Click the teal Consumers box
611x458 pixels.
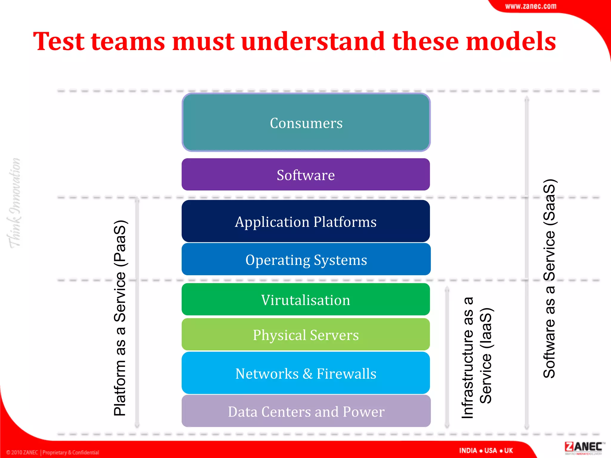pyautogui.click(x=306, y=123)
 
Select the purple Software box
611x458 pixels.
pyautogui.click(x=306, y=175)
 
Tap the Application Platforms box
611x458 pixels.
pyautogui.click(x=306, y=221)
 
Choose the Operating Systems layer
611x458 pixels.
pyautogui.click(x=306, y=259)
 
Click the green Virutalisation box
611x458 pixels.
pyautogui.click(x=306, y=299)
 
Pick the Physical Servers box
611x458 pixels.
pyautogui.click(x=306, y=335)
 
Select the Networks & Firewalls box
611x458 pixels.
pyautogui.click(x=306, y=373)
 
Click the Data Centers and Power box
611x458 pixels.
pyautogui.click(x=306, y=411)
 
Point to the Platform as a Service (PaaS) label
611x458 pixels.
pyautogui.click(x=120, y=318)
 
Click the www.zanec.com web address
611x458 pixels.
pyautogui.click(x=530, y=6)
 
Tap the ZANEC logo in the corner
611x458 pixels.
pyautogui.click(x=583, y=448)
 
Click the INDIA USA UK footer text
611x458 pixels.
pyautogui.click(x=486, y=450)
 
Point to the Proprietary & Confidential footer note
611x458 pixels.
pyautogui.click(x=70, y=452)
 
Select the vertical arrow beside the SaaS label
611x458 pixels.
pyautogui.click(x=527, y=262)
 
